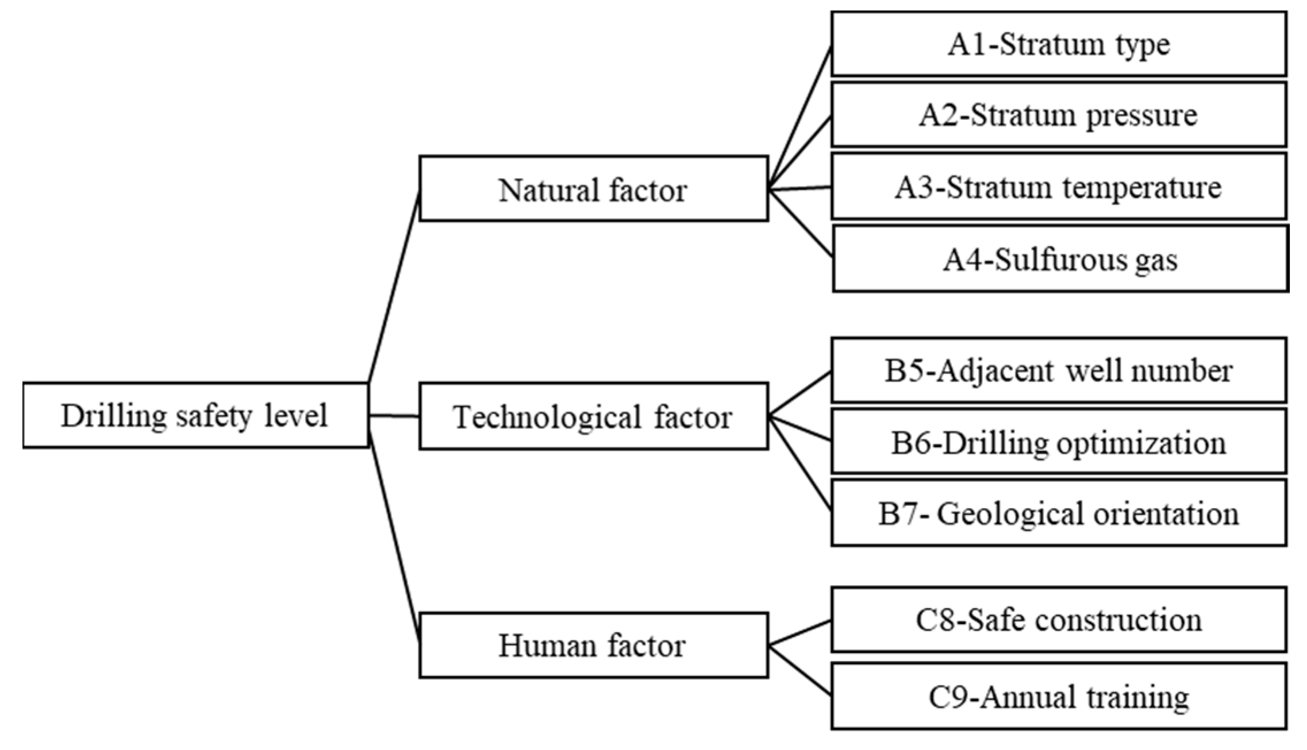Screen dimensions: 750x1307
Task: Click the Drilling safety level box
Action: point(195,415)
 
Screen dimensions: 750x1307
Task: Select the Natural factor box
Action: point(593,189)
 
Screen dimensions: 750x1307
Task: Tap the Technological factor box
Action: point(593,416)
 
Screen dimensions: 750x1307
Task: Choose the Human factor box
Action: point(593,645)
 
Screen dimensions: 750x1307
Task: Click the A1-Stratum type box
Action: point(1059,44)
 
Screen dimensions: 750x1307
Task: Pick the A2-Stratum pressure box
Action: point(1059,115)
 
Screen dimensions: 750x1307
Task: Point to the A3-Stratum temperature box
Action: point(1059,187)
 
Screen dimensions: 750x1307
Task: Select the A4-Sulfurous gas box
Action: point(1060,259)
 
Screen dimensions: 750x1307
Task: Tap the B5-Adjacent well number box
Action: point(1059,370)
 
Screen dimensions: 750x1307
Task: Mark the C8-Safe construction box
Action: point(1059,620)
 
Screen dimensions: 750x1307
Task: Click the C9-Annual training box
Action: point(1059,697)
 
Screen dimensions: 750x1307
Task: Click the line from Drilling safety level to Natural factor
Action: point(394,287)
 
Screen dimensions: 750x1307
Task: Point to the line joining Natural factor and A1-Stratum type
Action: point(800,118)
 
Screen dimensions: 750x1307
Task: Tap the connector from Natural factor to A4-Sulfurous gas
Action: point(800,222)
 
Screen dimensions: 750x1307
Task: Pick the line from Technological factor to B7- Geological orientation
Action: point(800,463)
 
